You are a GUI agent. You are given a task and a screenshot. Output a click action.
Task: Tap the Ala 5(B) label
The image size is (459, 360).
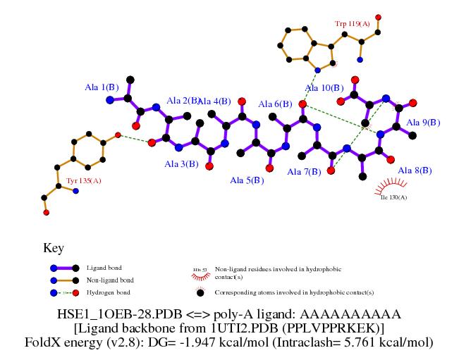point(247,180)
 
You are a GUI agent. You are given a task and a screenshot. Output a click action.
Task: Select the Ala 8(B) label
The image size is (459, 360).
point(415,170)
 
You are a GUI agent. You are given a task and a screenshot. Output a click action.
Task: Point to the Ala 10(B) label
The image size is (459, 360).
point(324,88)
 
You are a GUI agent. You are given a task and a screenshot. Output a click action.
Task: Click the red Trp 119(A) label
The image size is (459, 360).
point(353,25)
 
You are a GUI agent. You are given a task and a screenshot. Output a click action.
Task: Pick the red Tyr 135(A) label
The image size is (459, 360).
point(84,181)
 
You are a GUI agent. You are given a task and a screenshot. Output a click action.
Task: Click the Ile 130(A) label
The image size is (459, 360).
point(393,197)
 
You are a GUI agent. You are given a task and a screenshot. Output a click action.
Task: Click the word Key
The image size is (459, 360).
point(54,248)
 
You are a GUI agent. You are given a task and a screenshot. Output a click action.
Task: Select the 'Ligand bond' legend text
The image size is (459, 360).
point(104,268)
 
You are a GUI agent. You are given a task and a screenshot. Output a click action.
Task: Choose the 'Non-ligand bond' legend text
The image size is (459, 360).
point(109,280)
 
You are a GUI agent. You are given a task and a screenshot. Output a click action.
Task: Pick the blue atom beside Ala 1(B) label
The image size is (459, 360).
point(110,100)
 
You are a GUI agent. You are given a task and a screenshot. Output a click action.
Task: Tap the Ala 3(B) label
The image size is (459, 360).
point(181,164)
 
